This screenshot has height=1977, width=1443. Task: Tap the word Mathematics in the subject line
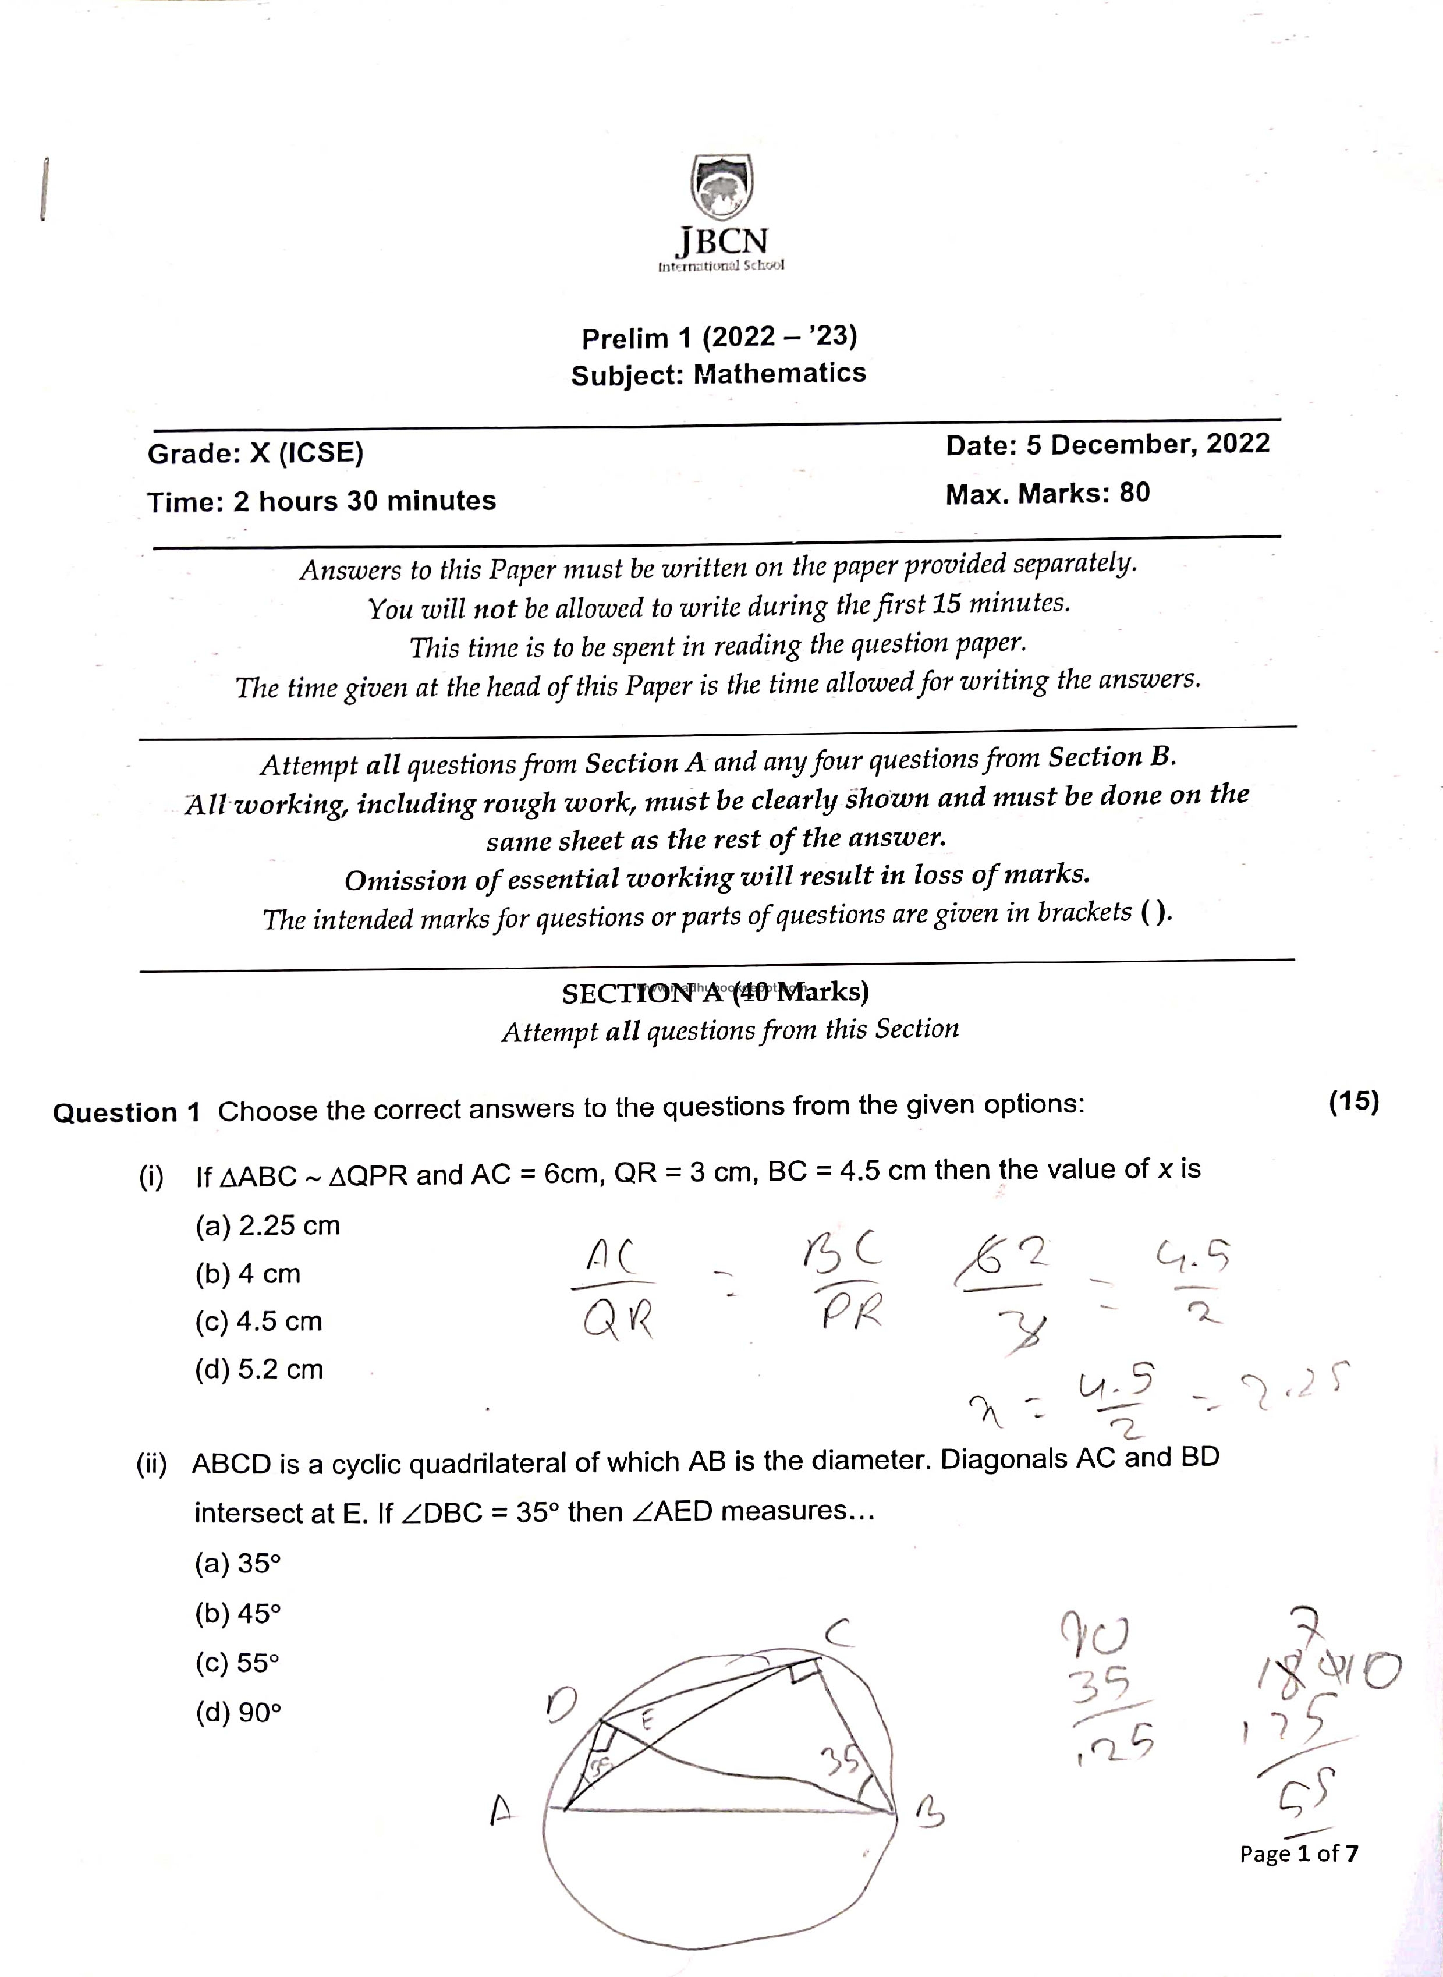point(779,374)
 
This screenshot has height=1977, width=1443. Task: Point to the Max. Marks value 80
point(1134,493)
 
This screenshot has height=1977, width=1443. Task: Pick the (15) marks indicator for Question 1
point(1353,1103)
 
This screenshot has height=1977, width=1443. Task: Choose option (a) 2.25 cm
point(267,1225)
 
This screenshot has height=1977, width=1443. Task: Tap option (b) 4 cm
point(247,1274)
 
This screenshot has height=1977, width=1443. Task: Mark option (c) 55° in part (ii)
point(237,1663)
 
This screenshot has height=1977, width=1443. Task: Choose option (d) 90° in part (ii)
point(237,1712)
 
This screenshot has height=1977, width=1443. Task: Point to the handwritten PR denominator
point(852,1311)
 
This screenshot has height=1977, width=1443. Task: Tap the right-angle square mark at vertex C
point(800,1672)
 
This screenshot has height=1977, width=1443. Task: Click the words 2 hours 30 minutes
point(364,501)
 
